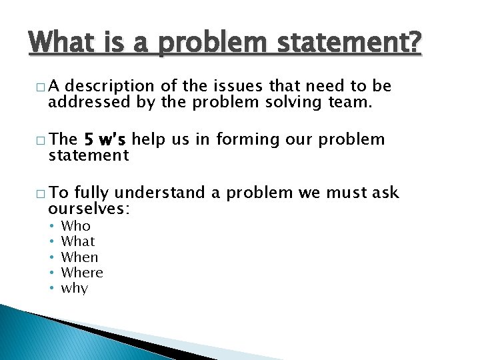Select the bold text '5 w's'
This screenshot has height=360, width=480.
[x=105, y=139]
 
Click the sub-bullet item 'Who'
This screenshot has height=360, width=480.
[x=75, y=226]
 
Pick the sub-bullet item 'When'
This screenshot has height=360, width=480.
[x=79, y=257]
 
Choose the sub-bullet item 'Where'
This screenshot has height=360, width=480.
[x=82, y=273]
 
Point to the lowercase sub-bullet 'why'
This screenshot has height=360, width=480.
[x=74, y=289]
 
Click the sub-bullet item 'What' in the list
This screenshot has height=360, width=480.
[x=78, y=241]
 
